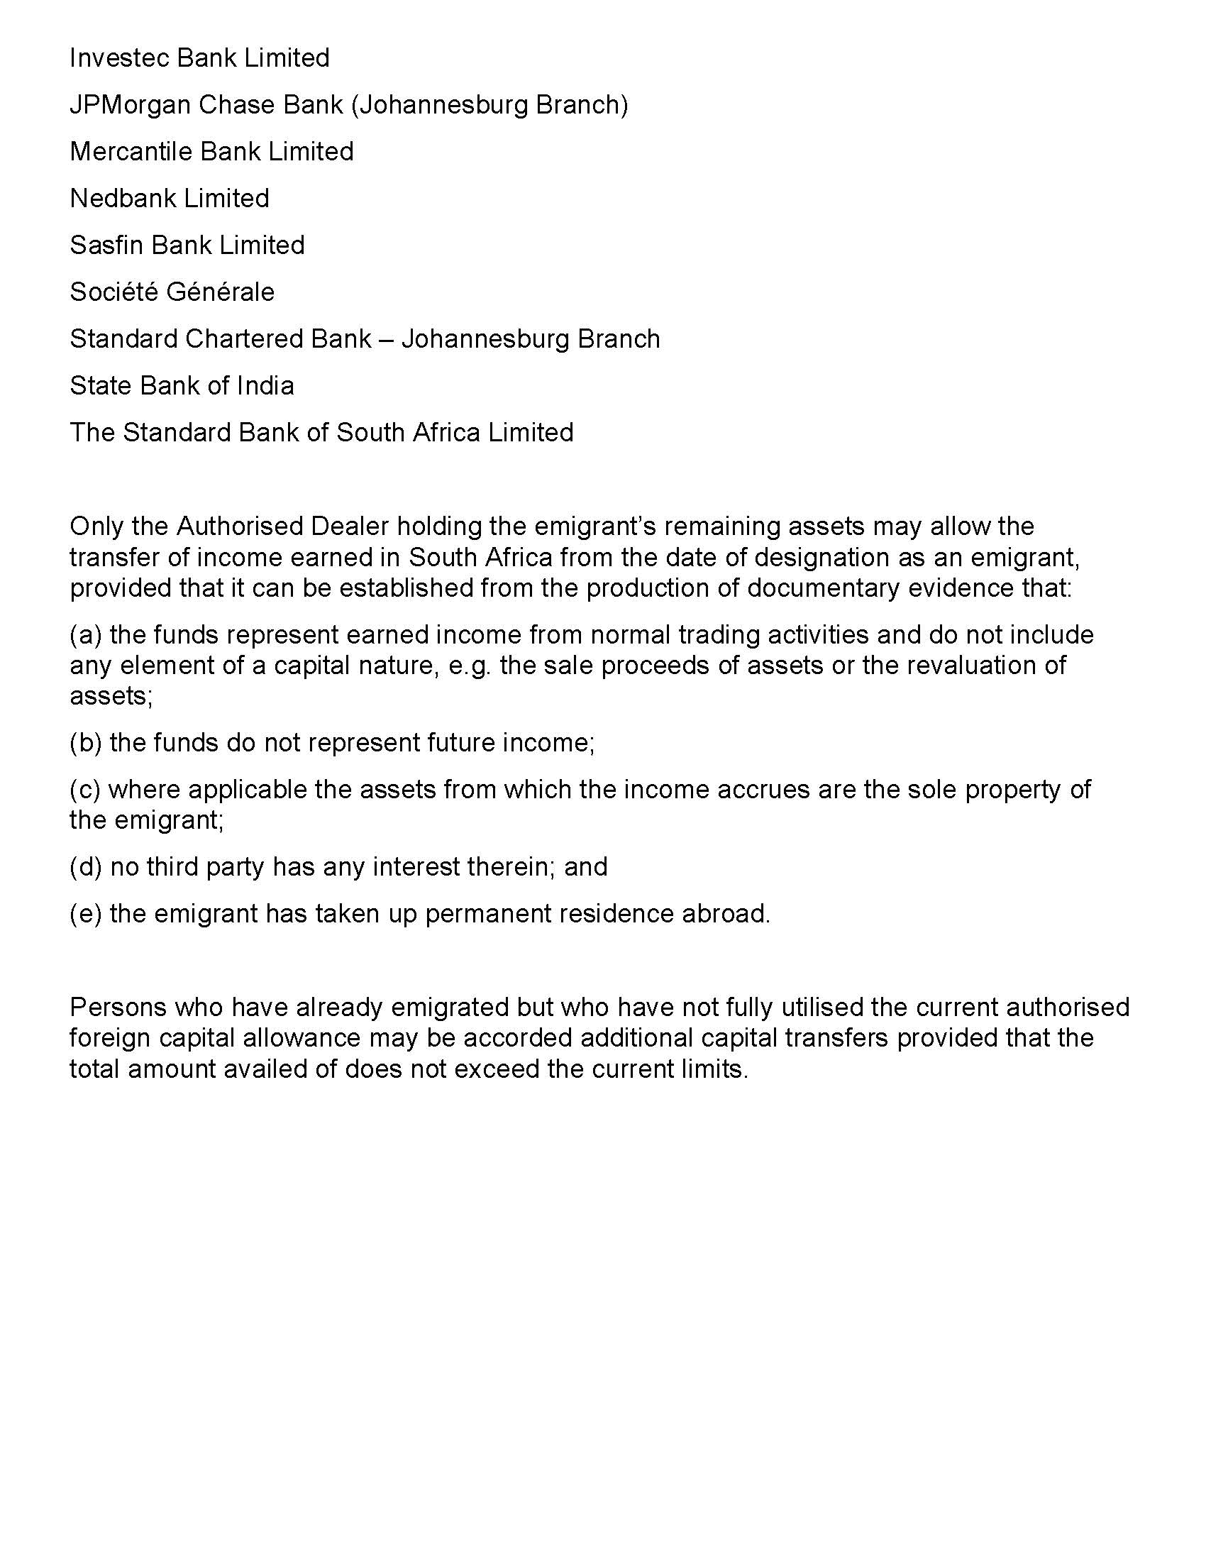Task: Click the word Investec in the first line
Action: coord(119,58)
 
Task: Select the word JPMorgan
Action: coord(130,105)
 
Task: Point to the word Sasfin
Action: coord(106,246)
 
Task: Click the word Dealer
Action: coord(349,526)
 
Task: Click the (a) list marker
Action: coord(86,635)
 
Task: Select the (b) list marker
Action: coord(86,744)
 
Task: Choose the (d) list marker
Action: coord(86,867)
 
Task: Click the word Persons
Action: coord(118,1008)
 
